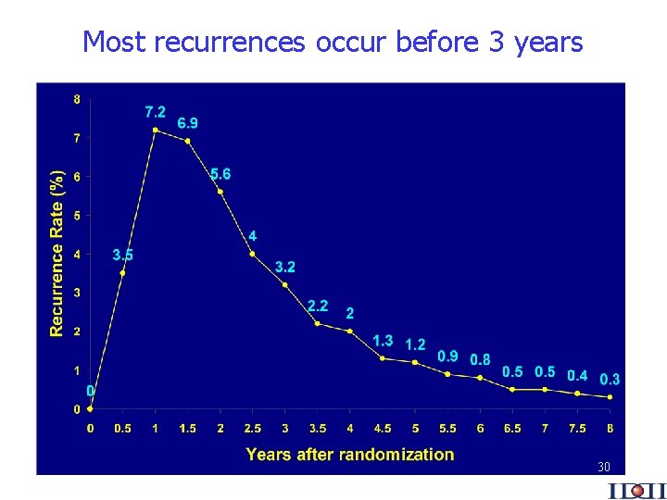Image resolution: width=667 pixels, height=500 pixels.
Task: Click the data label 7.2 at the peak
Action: pos(156,112)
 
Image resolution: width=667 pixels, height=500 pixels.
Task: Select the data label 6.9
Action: pos(187,123)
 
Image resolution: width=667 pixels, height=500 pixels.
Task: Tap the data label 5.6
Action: pos(220,174)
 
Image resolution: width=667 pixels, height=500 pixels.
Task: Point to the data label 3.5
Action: pos(122,255)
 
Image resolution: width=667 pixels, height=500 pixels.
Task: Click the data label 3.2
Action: pos(285,267)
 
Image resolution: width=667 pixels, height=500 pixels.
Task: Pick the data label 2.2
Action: pos(318,306)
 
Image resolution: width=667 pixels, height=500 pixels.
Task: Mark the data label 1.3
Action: pos(383,341)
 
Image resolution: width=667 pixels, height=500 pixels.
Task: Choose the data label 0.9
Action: pos(447,356)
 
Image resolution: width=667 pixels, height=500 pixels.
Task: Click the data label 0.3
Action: pos(610,380)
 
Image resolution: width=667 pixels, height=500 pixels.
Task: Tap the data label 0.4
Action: pos(577,375)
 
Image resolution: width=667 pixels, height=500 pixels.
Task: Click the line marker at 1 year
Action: pos(155,130)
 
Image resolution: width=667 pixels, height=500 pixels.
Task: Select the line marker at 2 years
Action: pos(220,192)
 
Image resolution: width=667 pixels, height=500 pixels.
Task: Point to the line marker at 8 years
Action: pos(610,397)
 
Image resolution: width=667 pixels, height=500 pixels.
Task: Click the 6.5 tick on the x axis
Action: pos(512,428)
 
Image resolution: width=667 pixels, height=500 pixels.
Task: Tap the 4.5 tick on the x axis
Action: pos(383,428)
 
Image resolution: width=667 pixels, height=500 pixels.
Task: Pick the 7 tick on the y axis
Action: pos(76,138)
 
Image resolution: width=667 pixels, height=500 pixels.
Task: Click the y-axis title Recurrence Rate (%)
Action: pos(57,253)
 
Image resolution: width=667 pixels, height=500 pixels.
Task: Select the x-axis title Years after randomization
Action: pos(349,455)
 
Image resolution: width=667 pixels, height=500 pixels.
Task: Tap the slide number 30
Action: pos(603,467)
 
